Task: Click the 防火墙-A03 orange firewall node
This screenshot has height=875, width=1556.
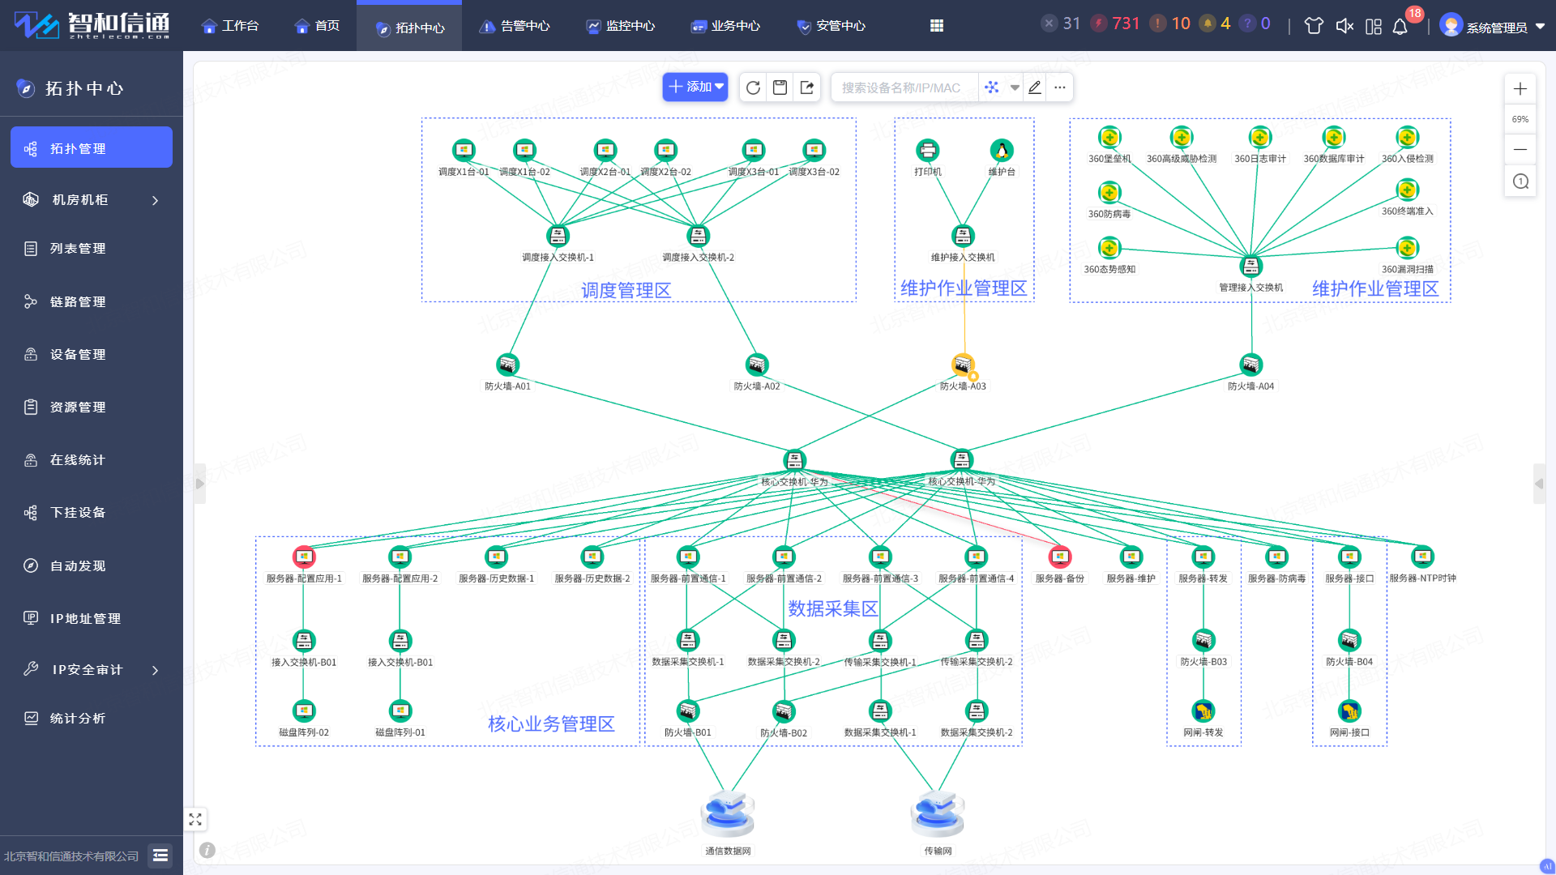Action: pyautogui.click(x=963, y=365)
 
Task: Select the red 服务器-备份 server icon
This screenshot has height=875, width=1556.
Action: pyautogui.click(x=1059, y=557)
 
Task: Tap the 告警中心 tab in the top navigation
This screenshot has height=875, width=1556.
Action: pyautogui.click(x=515, y=26)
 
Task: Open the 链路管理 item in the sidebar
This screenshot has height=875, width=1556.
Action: pyautogui.click(x=78, y=301)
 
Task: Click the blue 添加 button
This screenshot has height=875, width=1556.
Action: pyautogui.click(x=695, y=87)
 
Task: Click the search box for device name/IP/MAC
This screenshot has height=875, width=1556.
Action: pyautogui.click(x=901, y=87)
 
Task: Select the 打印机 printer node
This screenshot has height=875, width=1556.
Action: pyautogui.click(x=927, y=150)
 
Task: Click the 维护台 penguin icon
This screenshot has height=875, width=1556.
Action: pyautogui.click(x=1002, y=150)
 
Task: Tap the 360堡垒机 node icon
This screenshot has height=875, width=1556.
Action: pyautogui.click(x=1109, y=137)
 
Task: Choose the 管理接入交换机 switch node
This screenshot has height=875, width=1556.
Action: pyautogui.click(x=1251, y=266)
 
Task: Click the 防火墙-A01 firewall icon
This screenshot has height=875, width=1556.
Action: pyautogui.click(x=507, y=365)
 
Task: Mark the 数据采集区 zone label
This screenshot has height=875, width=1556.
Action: pyautogui.click(x=832, y=608)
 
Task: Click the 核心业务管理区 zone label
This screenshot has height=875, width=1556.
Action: pyautogui.click(x=551, y=723)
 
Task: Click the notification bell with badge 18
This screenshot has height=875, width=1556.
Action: pyautogui.click(x=1400, y=26)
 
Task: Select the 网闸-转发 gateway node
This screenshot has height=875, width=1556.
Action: pyautogui.click(x=1203, y=711)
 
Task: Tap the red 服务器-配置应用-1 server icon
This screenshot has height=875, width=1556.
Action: pyautogui.click(x=304, y=557)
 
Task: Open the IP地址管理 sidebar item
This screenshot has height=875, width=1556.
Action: pyautogui.click(x=85, y=618)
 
